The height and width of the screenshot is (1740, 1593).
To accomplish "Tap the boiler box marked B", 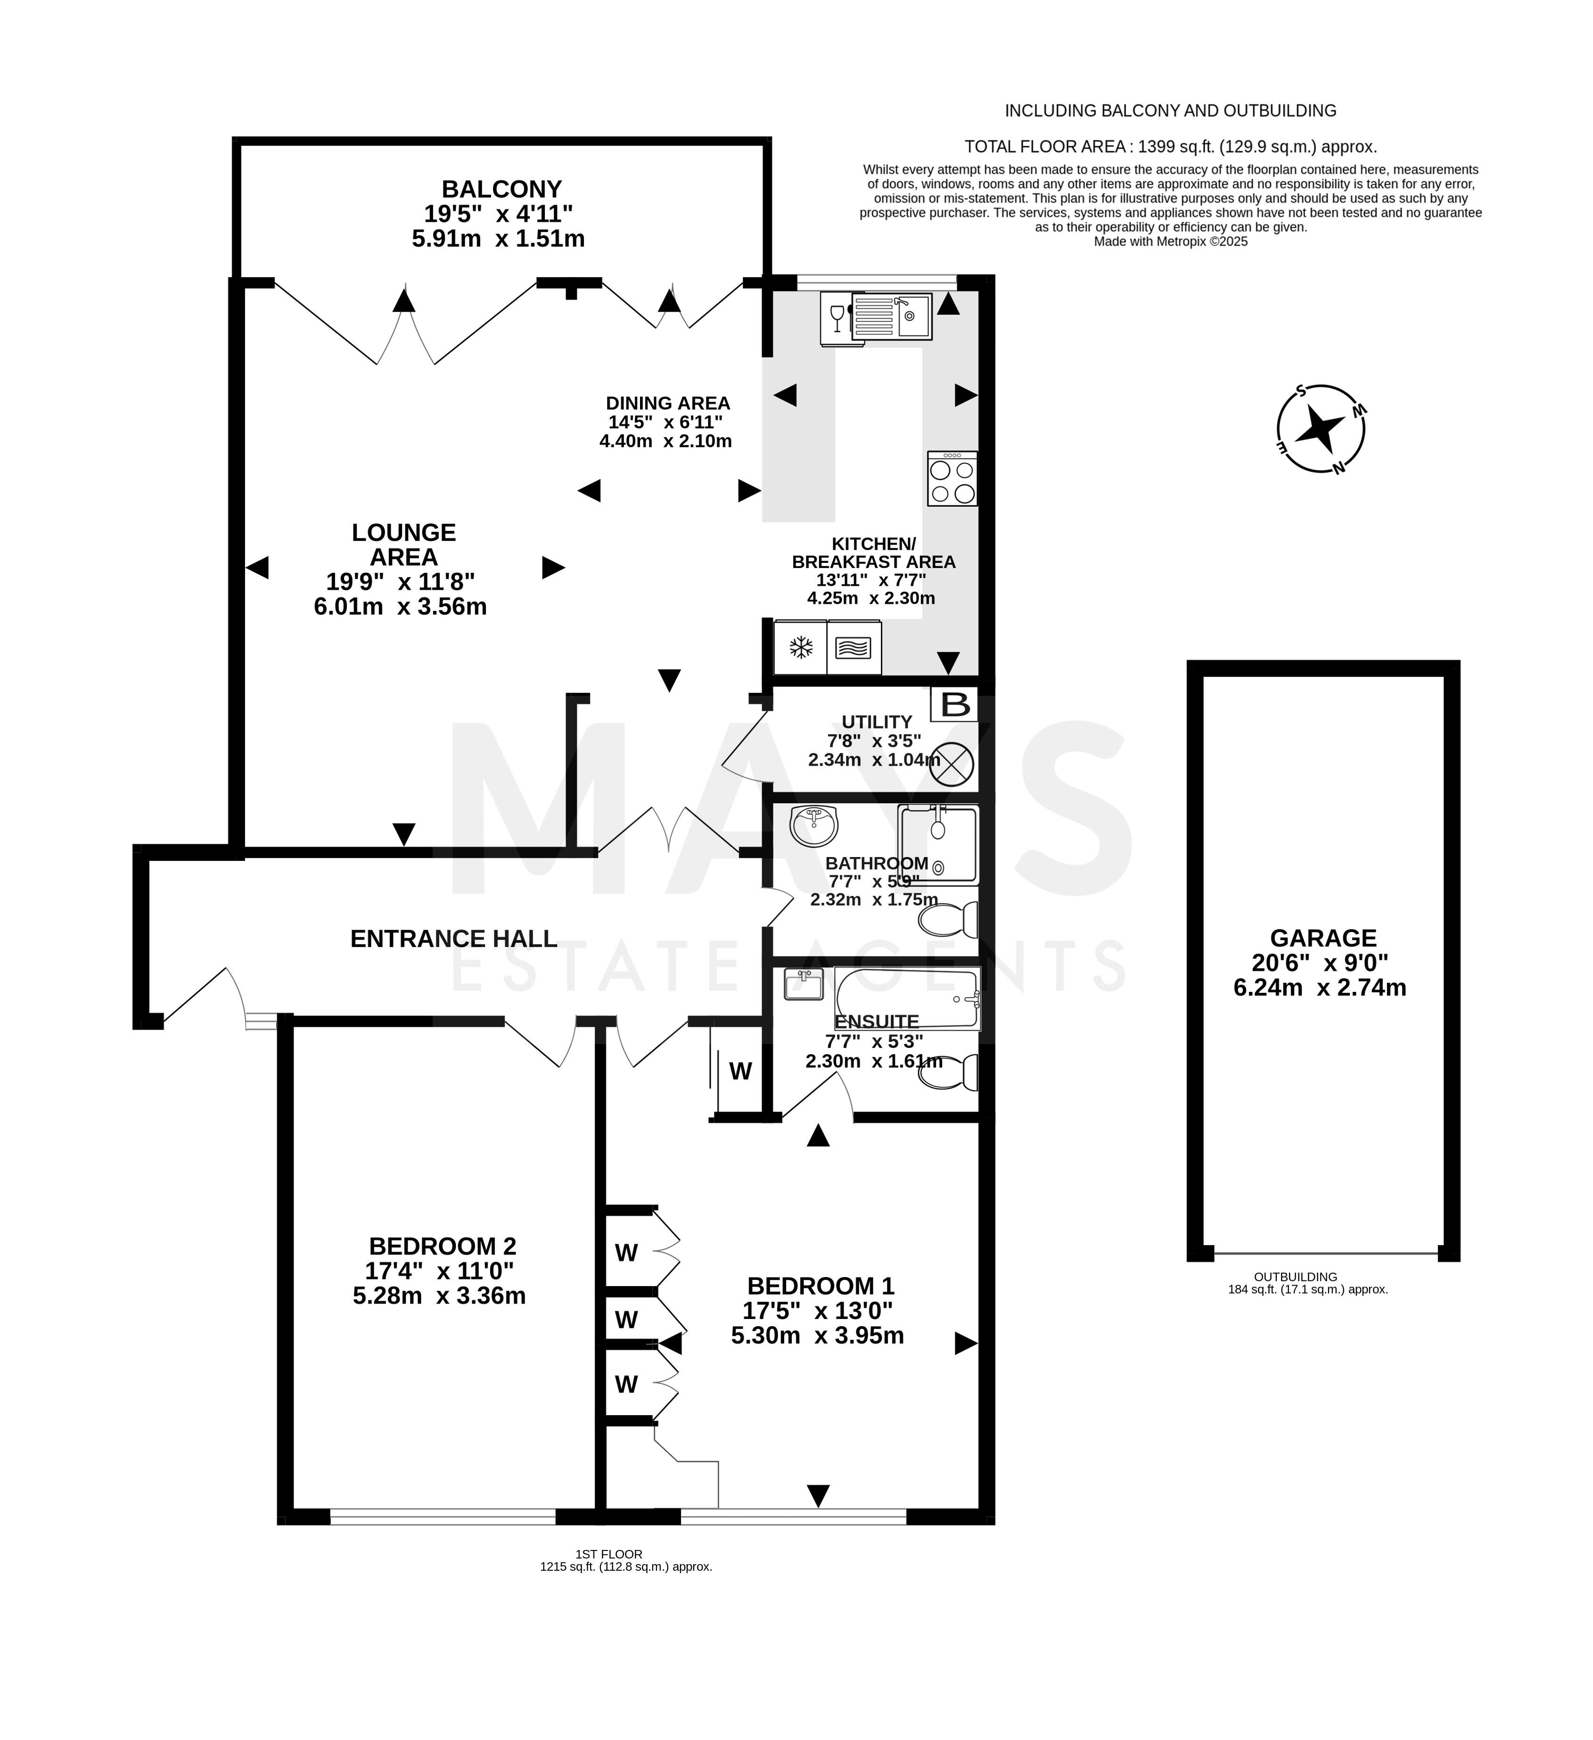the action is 954,704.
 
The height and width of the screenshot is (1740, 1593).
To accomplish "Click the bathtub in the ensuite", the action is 908,998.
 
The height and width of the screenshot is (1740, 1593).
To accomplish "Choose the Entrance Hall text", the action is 454,939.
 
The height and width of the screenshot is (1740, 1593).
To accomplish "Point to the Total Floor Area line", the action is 1170,147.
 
